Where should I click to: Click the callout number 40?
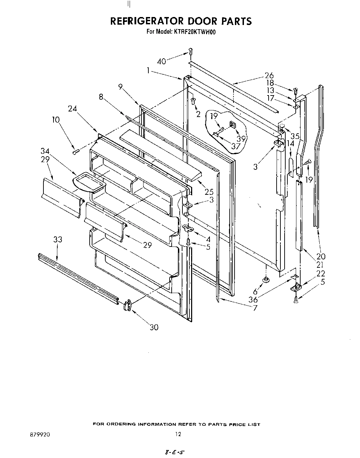(x=162, y=61)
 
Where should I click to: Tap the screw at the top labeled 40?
(x=190, y=51)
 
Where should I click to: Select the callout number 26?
(x=269, y=75)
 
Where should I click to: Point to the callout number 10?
(x=56, y=120)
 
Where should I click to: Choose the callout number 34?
(x=45, y=151)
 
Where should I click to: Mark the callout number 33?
(x=58, y=240)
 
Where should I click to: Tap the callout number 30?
(x=154, y=327)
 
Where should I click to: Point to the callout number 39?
(x=241, y=139)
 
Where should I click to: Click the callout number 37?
(x=236, y=146)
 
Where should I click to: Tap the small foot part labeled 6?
(x=266, y=279)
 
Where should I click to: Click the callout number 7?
(x=255, y=308)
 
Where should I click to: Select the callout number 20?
(x=321, y=256)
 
